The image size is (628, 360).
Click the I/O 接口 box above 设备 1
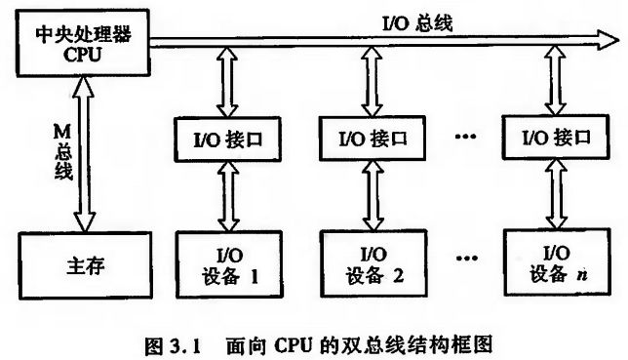228,139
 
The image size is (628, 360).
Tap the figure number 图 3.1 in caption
171,341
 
